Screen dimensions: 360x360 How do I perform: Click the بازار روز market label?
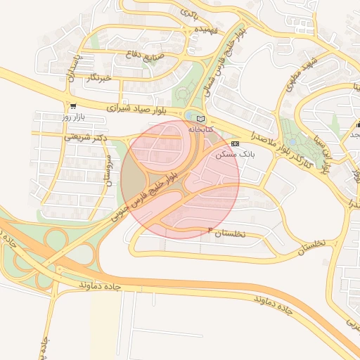tap(72, 116)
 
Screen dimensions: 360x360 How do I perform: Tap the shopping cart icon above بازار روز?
tap(73, 106)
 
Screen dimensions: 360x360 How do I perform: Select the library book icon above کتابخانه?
tap(200, 119)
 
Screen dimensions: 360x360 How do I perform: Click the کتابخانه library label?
tap(200, 129)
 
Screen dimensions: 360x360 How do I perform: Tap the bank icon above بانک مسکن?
tap(234, 143)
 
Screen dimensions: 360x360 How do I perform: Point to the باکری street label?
tap(190, 12)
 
